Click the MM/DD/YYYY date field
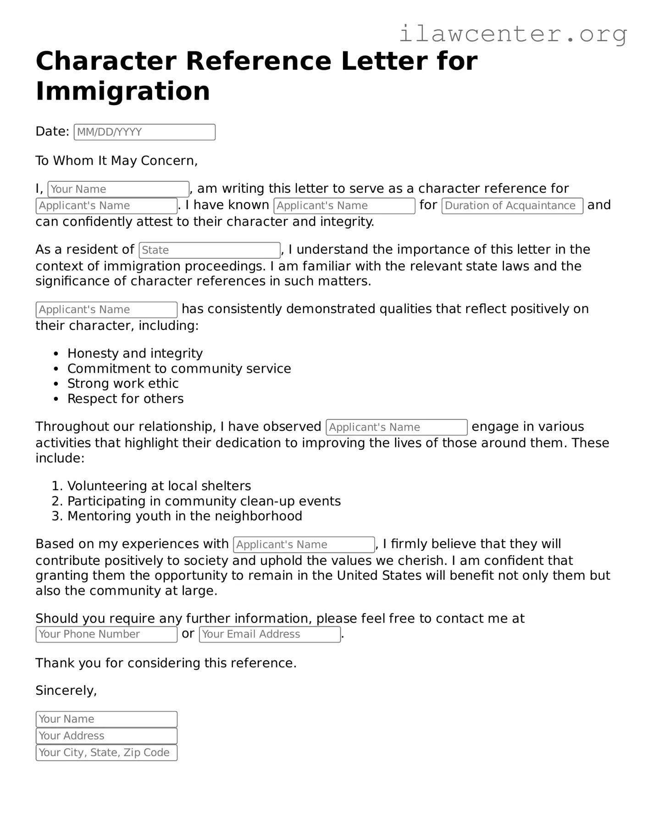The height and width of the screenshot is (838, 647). pyautogui.click(x=144, y=132)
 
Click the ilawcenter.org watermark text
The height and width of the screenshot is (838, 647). pyautogui.click(x=513, y=34)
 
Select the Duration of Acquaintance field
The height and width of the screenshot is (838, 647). pyautogui.click(x=512, y=206)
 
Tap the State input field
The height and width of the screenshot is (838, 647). pyautogui.click(x=210, y=250)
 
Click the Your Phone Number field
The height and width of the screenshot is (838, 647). pyautogui.click(x=106, y=634)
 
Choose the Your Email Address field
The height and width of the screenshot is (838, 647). pyautogui.click(x=270, y=634)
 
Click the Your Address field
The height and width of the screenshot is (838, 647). pyautogui.click(x=106, y=736)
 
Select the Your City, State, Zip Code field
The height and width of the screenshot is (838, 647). pyautogui.click(x=106, y=753)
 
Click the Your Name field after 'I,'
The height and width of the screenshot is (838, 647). pyautogui.click(x=118, y=189)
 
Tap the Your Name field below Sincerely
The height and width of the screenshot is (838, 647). pyautogui.click(x=106, y=719)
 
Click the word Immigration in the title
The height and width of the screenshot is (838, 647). pyautogui.click(x=123, y=91)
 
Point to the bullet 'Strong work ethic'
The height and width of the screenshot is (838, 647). pyautogui.click(x=123, y=384)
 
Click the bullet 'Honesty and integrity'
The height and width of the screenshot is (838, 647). pyautogui.click(x=135, y=353)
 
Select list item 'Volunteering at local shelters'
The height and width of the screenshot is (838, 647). pyautogui.click(x=159, y=486)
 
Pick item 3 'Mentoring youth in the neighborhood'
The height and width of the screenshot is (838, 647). pyautogui.click(x=184, y=516)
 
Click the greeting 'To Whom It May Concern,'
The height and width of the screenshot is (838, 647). pyautogui.click(x=116, y=161)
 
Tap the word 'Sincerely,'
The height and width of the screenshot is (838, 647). pyautogui.click(x=66, y=691)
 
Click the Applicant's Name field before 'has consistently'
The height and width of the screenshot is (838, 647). pyautogui.click(x=106, y=310)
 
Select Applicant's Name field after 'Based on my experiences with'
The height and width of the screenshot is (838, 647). pyautogui.click(x=304, y=545)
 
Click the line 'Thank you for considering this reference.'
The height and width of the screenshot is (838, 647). pyautogui.click(x=166, y=663)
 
